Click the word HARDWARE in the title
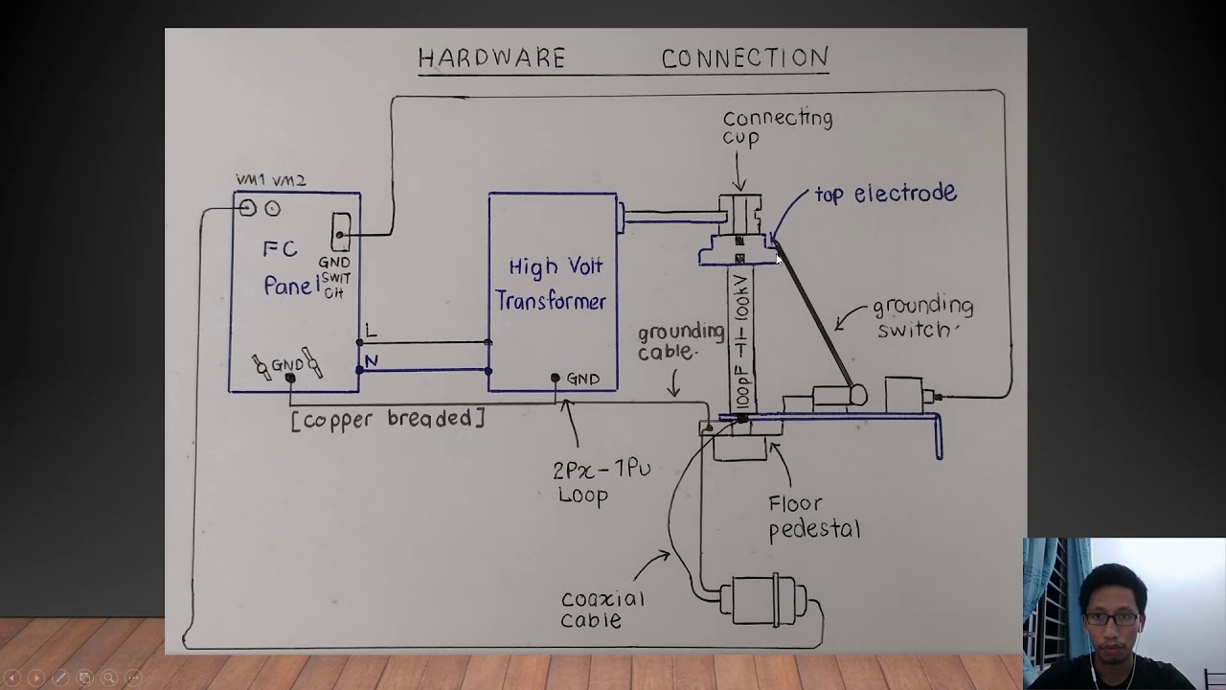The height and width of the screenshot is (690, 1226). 491,58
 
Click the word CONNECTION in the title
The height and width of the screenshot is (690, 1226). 744,58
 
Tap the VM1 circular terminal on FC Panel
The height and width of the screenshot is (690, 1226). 248,208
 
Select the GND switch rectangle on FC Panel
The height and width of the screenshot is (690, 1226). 340,231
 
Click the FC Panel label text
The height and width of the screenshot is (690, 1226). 288,268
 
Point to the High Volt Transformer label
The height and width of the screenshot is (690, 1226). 552,284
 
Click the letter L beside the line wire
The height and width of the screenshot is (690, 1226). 371,332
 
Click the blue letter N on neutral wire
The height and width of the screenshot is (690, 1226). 371,361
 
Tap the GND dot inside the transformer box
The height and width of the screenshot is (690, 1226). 555,379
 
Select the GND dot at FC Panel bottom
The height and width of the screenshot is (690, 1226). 290,379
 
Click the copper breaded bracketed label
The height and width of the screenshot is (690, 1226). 388,419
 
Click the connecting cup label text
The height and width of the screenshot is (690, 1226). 777,127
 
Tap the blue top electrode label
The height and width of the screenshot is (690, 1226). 885,194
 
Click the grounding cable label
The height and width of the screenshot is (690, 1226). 681,341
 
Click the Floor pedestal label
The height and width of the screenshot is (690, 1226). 813,517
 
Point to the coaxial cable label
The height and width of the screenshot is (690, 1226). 602,609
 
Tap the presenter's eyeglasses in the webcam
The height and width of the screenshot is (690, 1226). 1112,618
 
